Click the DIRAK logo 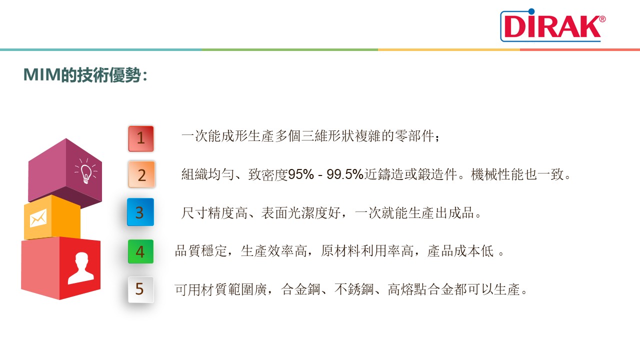553,25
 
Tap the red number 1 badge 141,138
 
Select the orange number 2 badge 141,174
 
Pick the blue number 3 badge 140,212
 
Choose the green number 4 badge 140,251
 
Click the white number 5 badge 141,289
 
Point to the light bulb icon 86,171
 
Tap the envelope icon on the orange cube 38,218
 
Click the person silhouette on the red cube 81,268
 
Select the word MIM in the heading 42,75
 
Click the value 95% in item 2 301,174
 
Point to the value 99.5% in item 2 345,174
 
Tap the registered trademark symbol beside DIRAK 602,19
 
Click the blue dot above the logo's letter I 531,11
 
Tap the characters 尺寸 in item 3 194,213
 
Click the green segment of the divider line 289,49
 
